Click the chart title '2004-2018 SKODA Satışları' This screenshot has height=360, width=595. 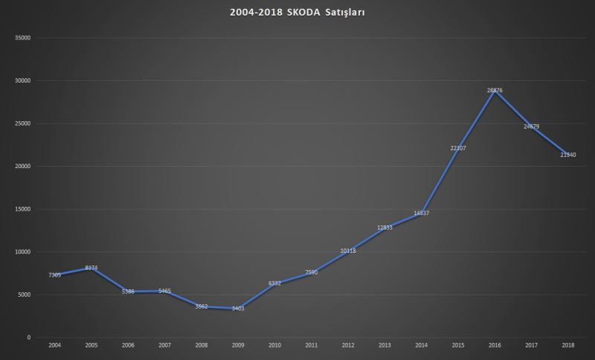tap(297, 12)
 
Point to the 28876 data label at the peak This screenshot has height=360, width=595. tap(495, 90)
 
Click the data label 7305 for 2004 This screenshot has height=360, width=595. tap(55, 275)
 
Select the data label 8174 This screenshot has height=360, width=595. tap(91, 268)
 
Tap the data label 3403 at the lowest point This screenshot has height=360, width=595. tap(237, 308)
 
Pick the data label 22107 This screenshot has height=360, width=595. tap(458, 148)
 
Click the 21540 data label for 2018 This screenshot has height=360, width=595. tap(568, 155)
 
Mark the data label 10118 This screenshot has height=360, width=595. tap(348, 251)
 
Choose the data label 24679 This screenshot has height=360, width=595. tap(532, 126)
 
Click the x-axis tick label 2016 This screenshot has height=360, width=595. tap(495, 346)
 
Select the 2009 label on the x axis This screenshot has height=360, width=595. tap(238, 346)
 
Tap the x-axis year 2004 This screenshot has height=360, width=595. tap(55, 346)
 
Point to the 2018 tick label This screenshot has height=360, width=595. tap(568, 346)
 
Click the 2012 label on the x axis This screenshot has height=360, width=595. tap(348, 346)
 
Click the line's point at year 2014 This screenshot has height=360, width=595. tap(422, 214)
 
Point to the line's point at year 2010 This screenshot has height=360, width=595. tap(275, 284)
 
